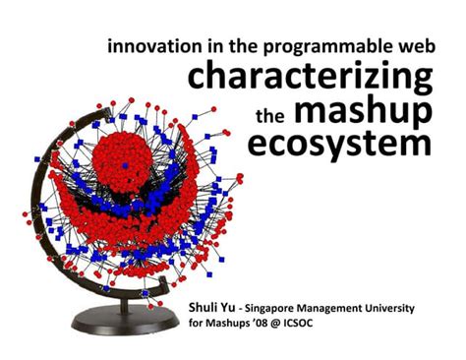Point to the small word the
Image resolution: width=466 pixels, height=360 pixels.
pyautogui.click(x=268, y=115)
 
